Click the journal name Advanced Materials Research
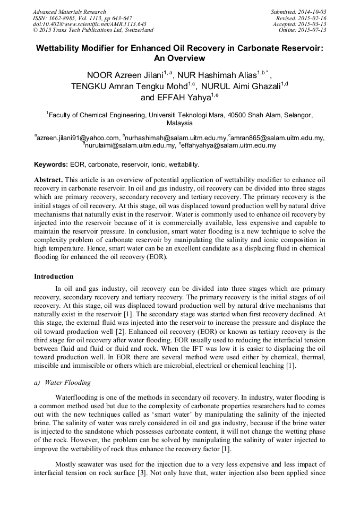(69, 12)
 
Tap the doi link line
(89, 24)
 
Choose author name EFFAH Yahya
(176, 98)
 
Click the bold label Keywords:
(51, 165)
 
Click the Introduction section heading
(54, 277)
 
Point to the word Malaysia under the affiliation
(179, 123)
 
